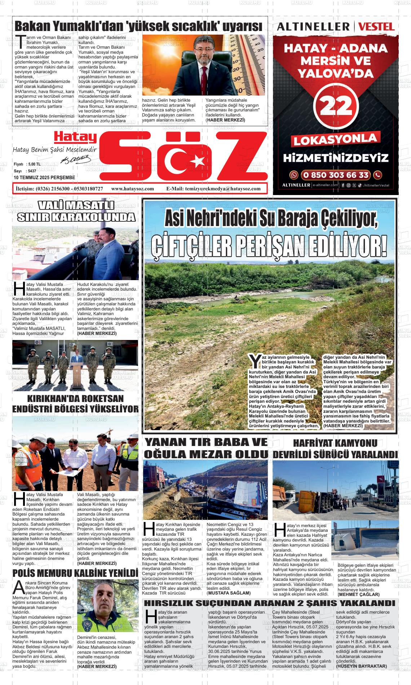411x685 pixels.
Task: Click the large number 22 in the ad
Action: coord(336,106)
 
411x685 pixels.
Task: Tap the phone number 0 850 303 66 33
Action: coord(336,175)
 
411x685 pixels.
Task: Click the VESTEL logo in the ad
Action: coord(377,26)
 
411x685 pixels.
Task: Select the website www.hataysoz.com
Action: coord(133,189)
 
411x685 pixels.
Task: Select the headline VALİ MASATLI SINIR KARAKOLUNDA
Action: coord(76,212)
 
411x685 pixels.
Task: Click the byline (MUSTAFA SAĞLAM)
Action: coord(228,593)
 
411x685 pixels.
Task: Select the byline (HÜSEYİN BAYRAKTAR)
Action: coord(362,666)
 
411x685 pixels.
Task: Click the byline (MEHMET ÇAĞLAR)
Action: coord(358,594)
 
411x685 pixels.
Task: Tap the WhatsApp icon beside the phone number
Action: coord(295,175)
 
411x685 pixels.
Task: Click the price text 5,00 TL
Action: coord(34,164)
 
